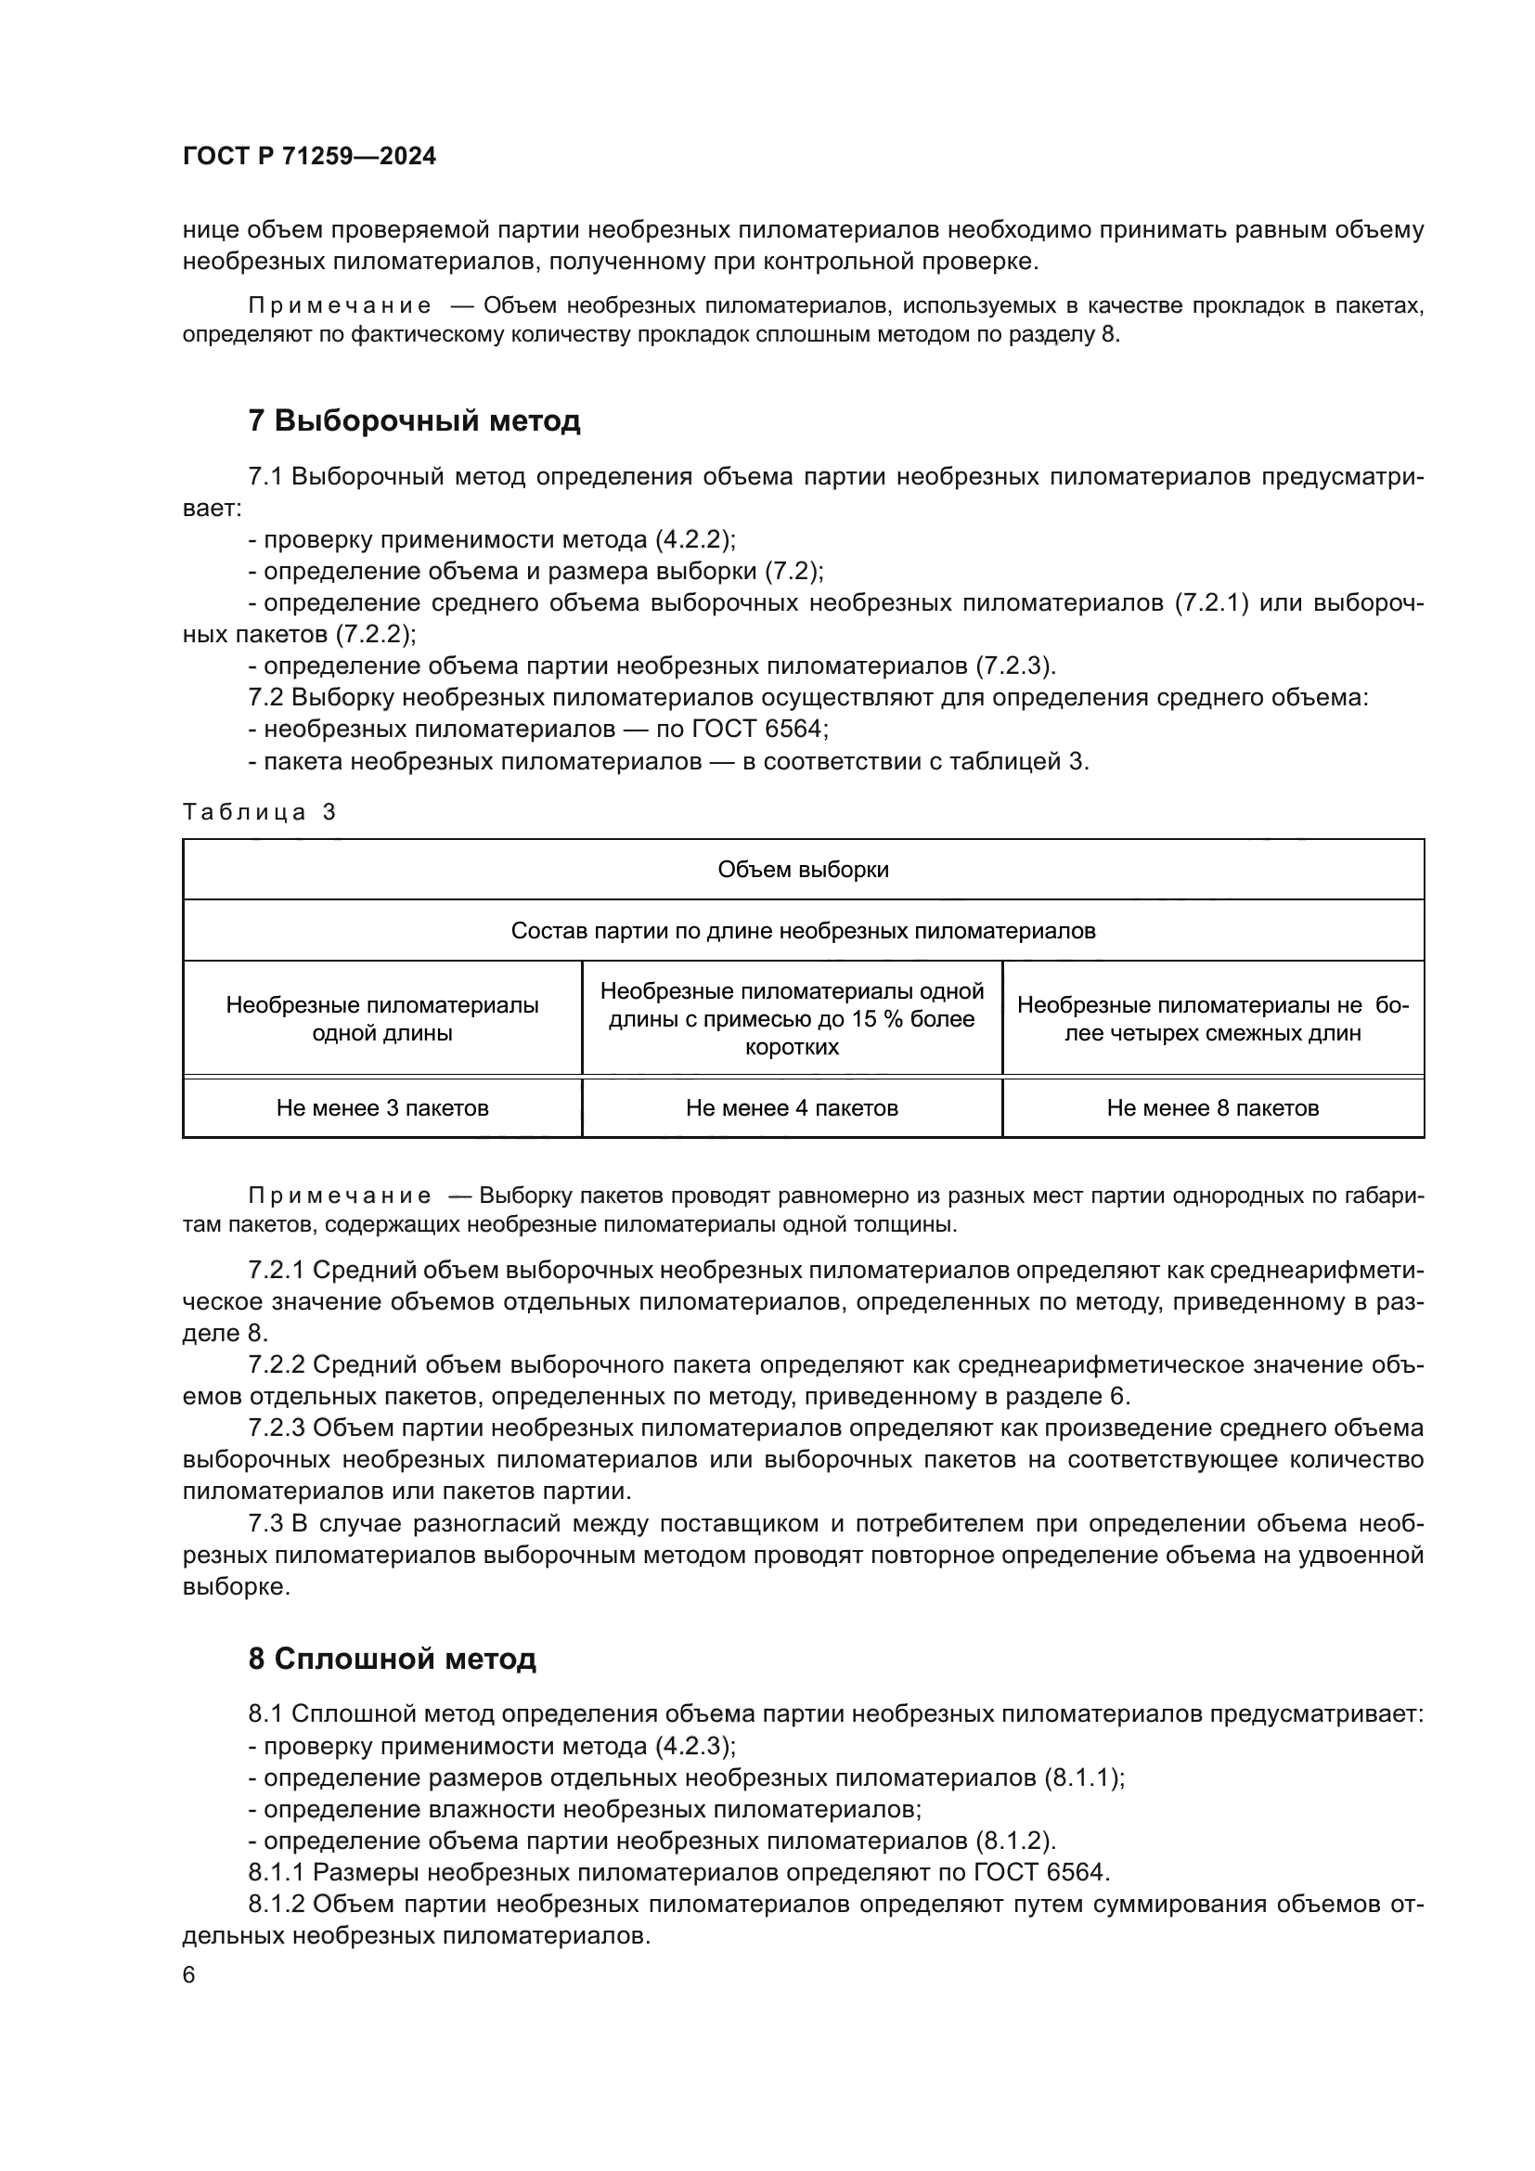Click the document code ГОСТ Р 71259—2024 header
coord(309,157)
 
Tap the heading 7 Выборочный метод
coord(414,420)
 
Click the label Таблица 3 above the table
coord(259,812)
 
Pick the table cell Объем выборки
coord(803,870)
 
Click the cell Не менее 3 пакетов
coord(381,1108)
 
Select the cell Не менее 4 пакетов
coord(791,1108)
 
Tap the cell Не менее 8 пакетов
coord(1212,1108)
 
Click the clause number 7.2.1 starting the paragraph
coord(276,1270)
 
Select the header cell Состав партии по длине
coord(803,931)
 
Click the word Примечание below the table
coord(340,1196)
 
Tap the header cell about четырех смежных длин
coord(1212,1019)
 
